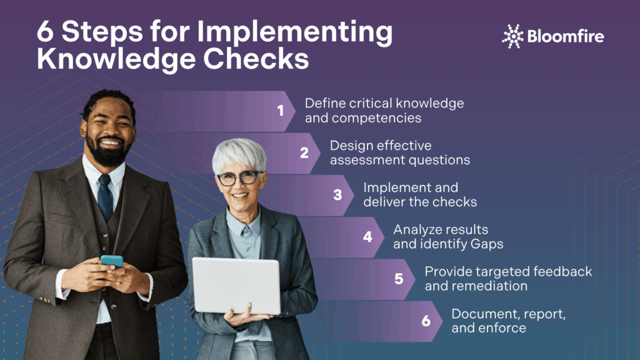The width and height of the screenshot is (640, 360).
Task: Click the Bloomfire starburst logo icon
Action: [512, 36]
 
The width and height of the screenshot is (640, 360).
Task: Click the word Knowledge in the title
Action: [109, 59]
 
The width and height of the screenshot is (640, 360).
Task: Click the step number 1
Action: [281, 111]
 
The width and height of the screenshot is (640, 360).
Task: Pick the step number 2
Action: [304, 152]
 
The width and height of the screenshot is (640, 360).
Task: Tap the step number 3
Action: [337, 194]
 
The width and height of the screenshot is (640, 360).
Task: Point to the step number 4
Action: [367, 237]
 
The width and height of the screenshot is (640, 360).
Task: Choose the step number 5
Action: [399, 279]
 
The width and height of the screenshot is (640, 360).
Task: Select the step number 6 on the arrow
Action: [426, 321]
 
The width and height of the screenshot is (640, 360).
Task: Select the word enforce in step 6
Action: [504, 328]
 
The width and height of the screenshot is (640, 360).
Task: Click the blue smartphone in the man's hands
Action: [111, 261]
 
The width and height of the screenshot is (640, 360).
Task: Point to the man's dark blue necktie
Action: [105, 196]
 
